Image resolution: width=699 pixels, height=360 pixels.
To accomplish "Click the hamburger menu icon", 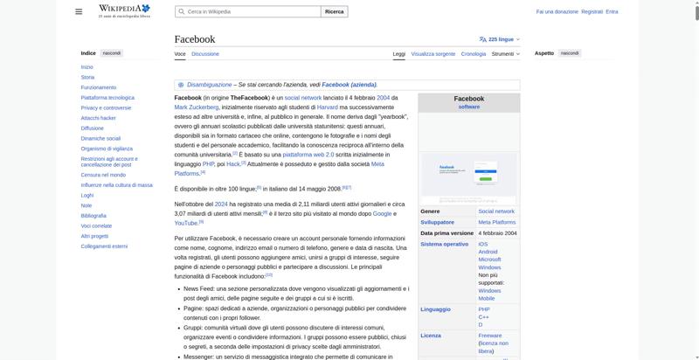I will pyautogui.click(x=79, y=11).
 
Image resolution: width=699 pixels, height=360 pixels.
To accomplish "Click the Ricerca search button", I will pyautogui.click(x=335, y=12).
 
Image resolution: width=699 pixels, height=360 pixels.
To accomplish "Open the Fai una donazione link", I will pyautogui.click(x=557, y=12).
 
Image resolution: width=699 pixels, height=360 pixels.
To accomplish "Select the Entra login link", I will pyautogui.click(x=612, y=12).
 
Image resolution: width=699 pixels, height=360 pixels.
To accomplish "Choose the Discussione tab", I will pyautogui.click(x=205, y=54).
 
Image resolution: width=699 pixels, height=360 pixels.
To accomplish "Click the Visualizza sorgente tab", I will pyautogui.click(x=433, y=54).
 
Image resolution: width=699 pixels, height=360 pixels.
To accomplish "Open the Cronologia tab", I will pyautogui.click(x=474, y=54).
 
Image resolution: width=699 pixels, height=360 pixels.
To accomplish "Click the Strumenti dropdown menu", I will pyautogui.click(x=505, y=54).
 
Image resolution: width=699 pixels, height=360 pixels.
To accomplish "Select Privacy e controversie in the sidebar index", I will pyautogui.click(x=106, y=107).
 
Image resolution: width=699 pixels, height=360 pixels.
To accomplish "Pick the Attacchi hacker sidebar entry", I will pyautogui.click(x=98, y=118).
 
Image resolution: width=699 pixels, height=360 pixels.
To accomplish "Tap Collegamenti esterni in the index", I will pyautogui.click(x=104, y=246).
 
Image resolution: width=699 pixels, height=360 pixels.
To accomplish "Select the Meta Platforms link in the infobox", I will pyautogui.click(x=496, y=222).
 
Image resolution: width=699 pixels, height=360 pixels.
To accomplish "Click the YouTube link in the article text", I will pyautogui.click(x=186, y=223).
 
